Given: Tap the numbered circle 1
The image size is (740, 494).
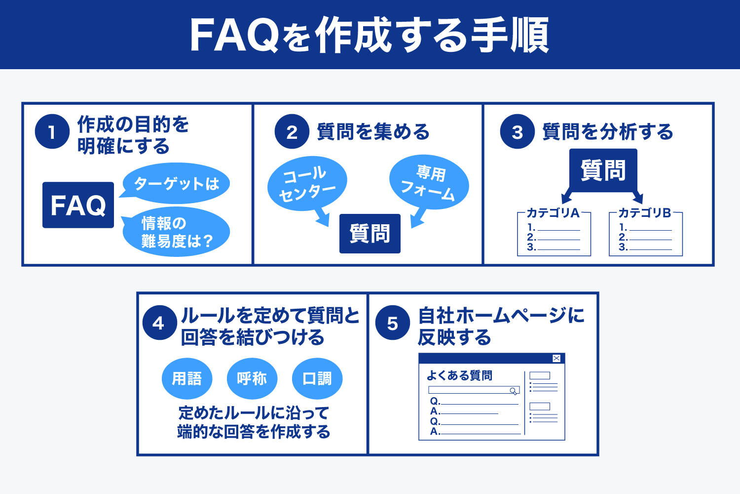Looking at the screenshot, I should [52, 132].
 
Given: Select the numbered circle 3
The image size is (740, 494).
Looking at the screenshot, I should [517, 132].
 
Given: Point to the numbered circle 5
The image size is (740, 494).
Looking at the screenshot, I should [392, 324].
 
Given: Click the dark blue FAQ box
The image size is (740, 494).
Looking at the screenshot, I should [78, 205].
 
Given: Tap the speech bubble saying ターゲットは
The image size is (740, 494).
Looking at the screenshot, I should [176, 184].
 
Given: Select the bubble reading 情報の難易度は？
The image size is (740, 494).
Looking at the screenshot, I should [176, 232].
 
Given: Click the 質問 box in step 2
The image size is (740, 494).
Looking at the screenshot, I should [370, 234].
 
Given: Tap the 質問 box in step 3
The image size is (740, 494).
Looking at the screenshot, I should [603, 170].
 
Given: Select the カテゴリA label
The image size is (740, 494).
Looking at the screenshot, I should [553, 213].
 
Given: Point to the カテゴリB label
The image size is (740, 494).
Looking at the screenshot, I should [645, 213].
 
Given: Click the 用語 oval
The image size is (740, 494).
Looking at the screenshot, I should [187, 378].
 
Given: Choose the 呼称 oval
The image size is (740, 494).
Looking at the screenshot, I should [252, 378].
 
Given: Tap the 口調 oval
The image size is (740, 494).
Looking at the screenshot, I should [317, 378].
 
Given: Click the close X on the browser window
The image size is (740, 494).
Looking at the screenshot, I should [556, 359].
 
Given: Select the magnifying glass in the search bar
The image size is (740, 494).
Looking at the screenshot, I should [514, 391].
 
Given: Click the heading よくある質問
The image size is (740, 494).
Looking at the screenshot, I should [459, 375].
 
